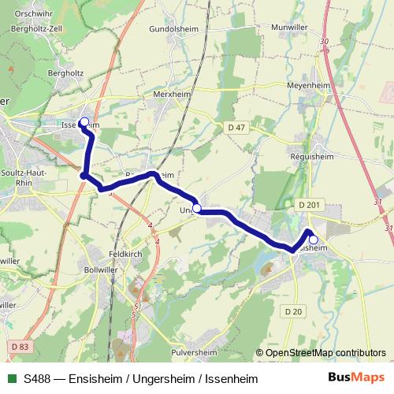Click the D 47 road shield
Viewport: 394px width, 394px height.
pos(236,127)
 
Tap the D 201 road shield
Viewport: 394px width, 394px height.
pos(311,205)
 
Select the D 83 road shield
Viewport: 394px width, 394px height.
pos(21,346)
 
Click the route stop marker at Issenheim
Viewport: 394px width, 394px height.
pos(84,122)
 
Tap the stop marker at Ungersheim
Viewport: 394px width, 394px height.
pos(197,208)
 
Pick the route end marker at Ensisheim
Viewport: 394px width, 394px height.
pos(313,240)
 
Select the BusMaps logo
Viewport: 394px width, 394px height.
pos(356,378)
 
